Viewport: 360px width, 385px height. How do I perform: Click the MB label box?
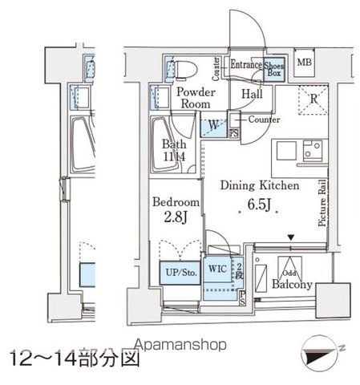pos(305,63)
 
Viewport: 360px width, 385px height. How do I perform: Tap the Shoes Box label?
pos(275,70)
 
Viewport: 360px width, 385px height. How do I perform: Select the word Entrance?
pos(246,64)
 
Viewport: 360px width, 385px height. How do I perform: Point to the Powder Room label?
pos(193,98)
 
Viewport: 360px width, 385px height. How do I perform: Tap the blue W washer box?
pos(213,126)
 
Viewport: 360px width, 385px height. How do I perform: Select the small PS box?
pos(234,133)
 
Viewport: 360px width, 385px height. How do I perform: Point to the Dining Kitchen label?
pos(260,185)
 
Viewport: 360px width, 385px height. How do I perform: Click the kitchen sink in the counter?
pos(313,150)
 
